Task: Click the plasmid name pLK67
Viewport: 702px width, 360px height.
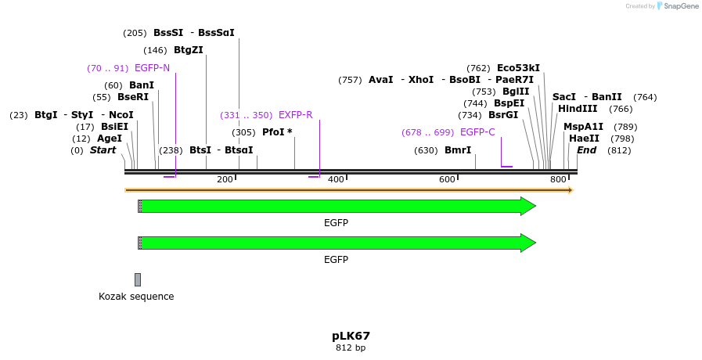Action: coord(351,336)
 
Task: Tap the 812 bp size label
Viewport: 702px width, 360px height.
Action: coord(351,347)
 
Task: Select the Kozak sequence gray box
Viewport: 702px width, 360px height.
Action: coord(138,279)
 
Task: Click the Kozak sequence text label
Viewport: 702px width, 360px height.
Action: coord(136,297)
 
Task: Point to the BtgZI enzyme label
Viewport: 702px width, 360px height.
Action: coord(189,50)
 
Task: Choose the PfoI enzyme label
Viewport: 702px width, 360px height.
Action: coord(277,132)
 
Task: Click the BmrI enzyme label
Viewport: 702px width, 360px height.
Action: coord(458,150)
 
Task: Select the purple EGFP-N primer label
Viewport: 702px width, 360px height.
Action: coord(152,68)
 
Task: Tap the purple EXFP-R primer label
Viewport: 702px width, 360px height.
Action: coord(295,115)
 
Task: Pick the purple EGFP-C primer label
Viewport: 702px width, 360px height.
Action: coord(477,132)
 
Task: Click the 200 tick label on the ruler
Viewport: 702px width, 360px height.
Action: coord(225,180)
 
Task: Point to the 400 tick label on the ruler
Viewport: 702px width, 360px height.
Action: coord(336,180)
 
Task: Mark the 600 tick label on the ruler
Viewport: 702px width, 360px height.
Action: coord(447,180)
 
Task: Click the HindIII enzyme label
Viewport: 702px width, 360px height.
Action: coord(578,109)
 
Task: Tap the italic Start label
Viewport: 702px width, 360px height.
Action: coord(103,150)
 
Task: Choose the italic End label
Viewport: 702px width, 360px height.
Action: coord(586,150)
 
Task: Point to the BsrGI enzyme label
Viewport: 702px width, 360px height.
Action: coord(503,115)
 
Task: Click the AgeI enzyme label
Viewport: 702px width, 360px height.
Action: coord(110,139)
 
